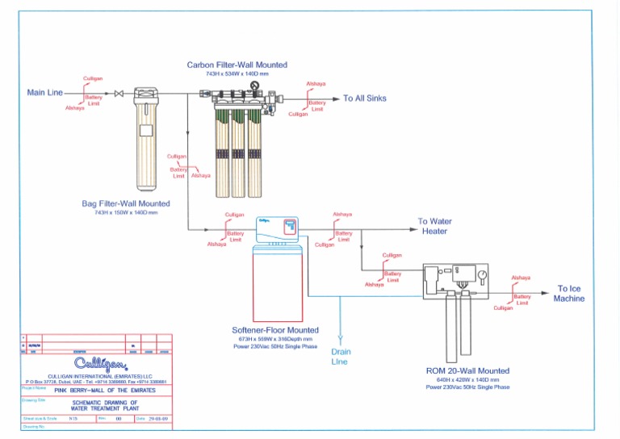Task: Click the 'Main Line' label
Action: click(44, 93)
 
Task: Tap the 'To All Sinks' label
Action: click(364, 98)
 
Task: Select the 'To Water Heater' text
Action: click(434, 226)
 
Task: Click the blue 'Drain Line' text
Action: click(341, 357)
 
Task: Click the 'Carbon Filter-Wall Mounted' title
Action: click(237, 65)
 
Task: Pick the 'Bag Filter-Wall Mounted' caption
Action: click(126, 204)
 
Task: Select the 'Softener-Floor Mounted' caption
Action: click(275, 330)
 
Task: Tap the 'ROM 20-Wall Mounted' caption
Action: click(467, 370)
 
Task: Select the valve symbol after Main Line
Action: click(119, 94)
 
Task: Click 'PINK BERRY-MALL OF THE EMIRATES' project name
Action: click(99, 390)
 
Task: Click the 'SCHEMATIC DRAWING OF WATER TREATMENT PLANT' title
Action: click(105, 405)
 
